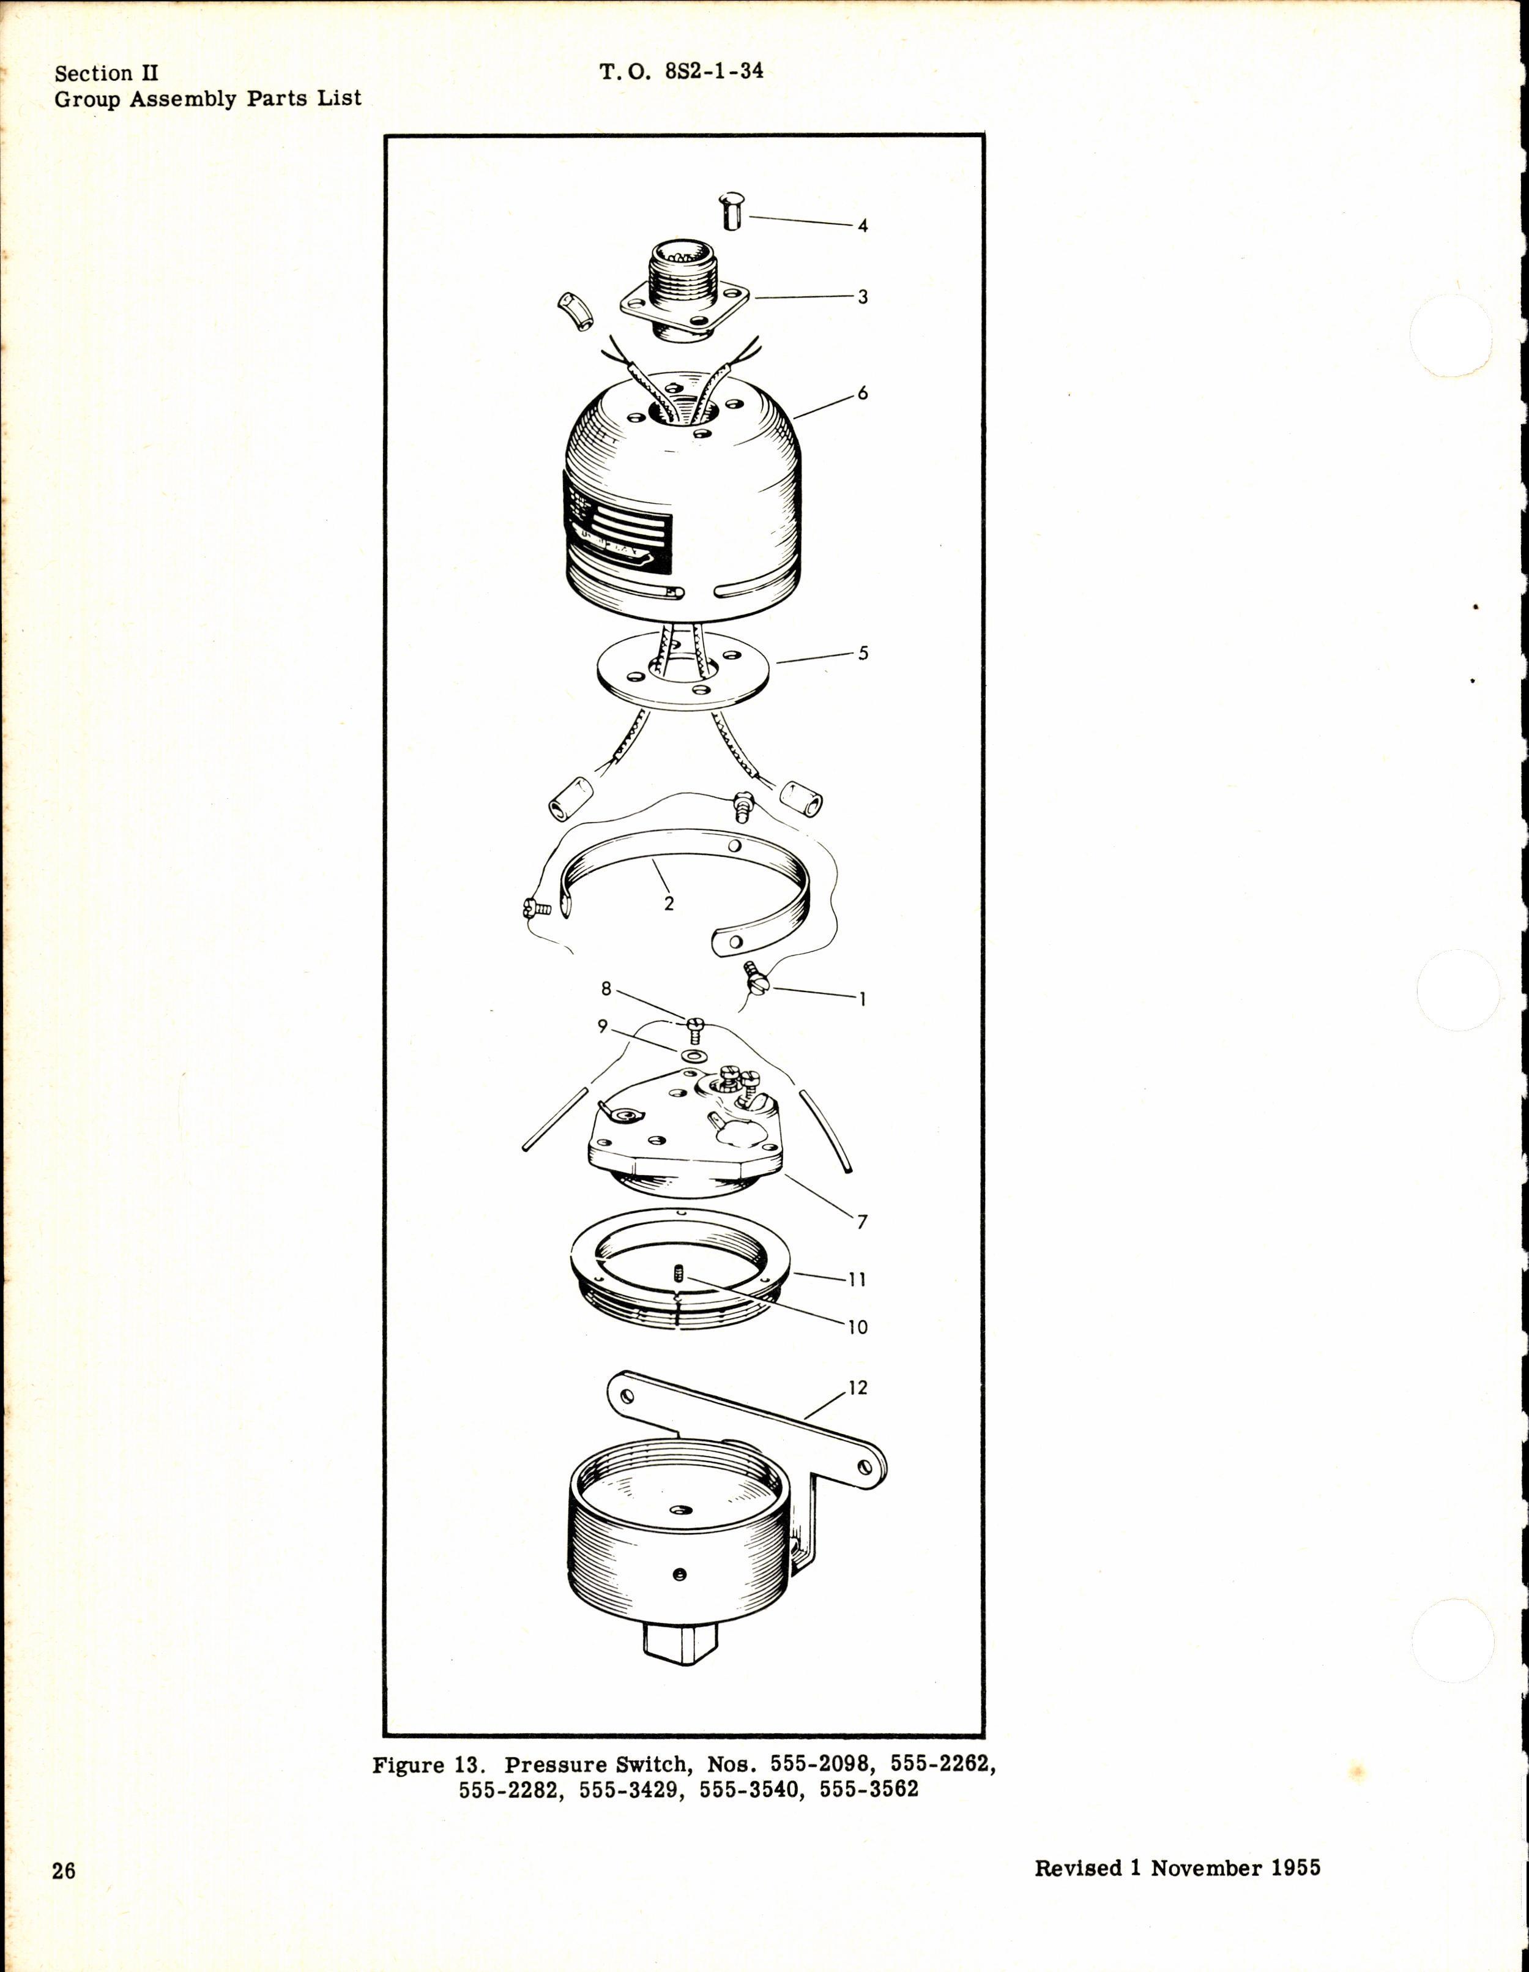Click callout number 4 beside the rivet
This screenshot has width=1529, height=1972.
[x=863, y=226]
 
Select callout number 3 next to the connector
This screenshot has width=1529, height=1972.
[x=863, y=297]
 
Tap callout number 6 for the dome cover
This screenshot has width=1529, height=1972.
[x=863, y=393]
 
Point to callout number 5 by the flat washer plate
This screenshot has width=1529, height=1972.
[x=863, y=653]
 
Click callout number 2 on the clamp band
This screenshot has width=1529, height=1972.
[x=669, y=903]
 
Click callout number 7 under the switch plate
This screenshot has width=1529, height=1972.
[x=862, y=1223]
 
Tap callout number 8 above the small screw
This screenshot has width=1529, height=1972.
[x=606, y=988]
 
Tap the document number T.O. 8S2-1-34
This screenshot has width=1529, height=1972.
[x=682, y=70]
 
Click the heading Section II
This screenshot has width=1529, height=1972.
[x=106, y=73]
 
